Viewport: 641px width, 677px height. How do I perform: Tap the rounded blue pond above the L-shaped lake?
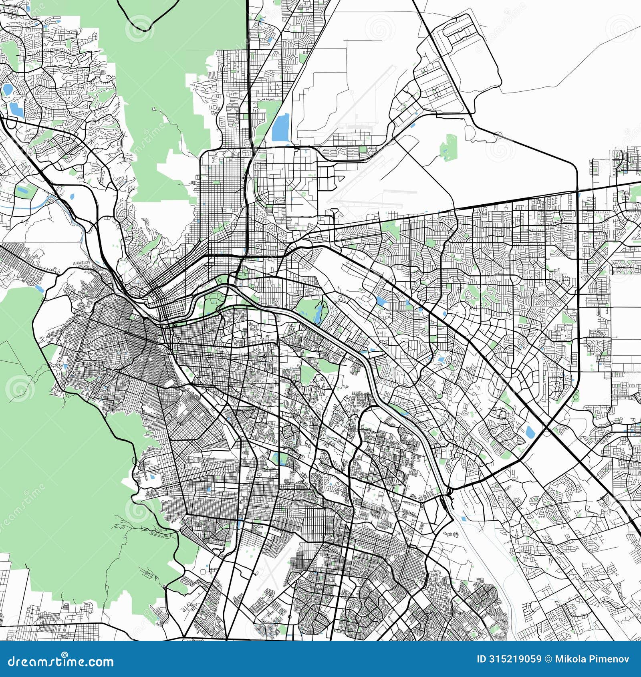(x=7, y=89)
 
